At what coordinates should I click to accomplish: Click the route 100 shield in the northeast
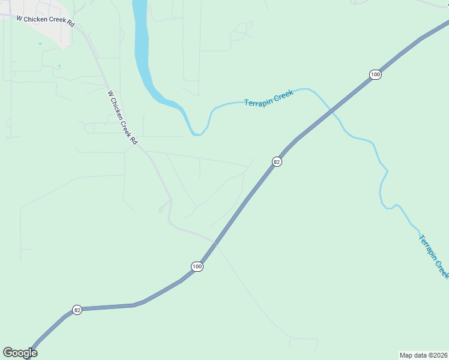tap(375, 74)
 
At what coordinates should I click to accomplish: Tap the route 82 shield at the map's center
tap(277, 161)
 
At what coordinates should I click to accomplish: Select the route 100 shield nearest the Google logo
tap(197, 266)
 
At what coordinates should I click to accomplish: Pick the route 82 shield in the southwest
tap(77, 310)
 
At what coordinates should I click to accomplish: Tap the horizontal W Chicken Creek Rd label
tap(45, 21)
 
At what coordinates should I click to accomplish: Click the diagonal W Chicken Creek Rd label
tap(122, 118)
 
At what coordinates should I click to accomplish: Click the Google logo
tap(20, 353)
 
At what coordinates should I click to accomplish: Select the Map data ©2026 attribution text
tap(424, 355)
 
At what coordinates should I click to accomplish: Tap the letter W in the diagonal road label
tap(110, 94)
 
